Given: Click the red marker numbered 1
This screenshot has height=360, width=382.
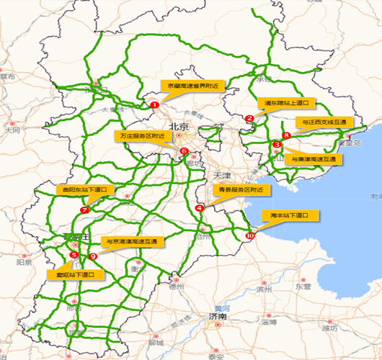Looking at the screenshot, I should point(154,104).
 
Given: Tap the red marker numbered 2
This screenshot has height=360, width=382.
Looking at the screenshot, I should point(249,119).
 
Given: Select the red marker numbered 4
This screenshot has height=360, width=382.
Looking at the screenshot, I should point(199,208).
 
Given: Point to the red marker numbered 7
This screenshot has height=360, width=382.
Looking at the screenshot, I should point(84,210).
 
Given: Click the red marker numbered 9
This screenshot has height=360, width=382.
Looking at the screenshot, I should point(93,256).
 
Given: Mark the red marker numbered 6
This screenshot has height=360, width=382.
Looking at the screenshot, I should point(185,151).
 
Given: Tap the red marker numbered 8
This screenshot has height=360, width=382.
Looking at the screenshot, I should point(287,135).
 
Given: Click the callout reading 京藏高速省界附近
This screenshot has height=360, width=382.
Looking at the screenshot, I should point(192,86).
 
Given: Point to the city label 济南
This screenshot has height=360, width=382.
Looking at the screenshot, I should point(217,316).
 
